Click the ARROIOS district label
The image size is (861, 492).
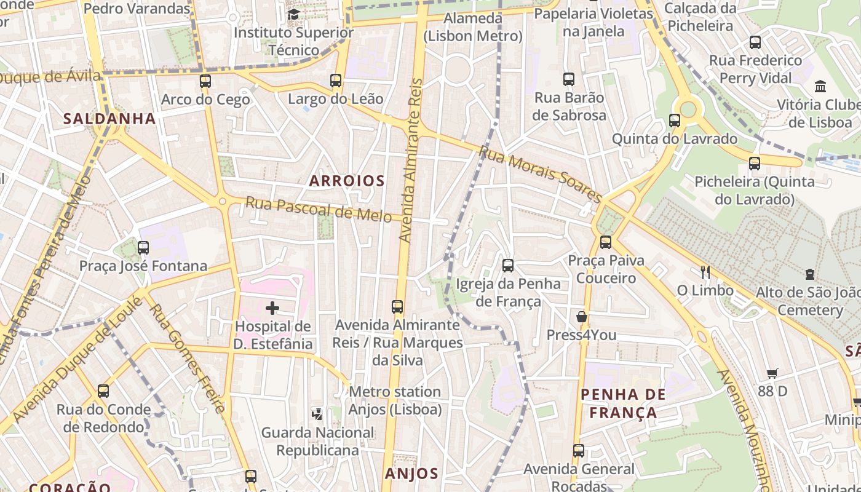point(347,181)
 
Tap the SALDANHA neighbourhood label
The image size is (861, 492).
point(109,119)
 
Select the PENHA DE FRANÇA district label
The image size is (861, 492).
point(623,403)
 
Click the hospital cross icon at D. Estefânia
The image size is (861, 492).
point(272,308)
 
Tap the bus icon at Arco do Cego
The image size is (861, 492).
point(205,81)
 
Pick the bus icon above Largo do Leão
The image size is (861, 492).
point(336,81)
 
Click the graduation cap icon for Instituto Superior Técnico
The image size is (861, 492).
point(293,14)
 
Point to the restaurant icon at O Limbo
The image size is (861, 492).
point(705,271)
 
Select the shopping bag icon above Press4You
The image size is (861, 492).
point(581,317)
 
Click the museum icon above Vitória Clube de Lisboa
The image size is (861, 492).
point(820,86)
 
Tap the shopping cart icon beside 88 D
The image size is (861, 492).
point(772,373)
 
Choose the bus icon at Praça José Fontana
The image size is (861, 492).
point(143,248)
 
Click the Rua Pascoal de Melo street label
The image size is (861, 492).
point(319,210)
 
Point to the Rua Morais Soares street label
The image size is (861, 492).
point(541,174)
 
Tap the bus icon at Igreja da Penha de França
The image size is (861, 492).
point(508,266)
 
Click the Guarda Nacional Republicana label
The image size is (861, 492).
point(317,441)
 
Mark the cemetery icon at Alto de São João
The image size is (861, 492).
point(810,274)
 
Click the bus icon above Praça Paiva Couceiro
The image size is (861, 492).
point(606,242)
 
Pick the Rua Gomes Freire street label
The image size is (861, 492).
point(187,359)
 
